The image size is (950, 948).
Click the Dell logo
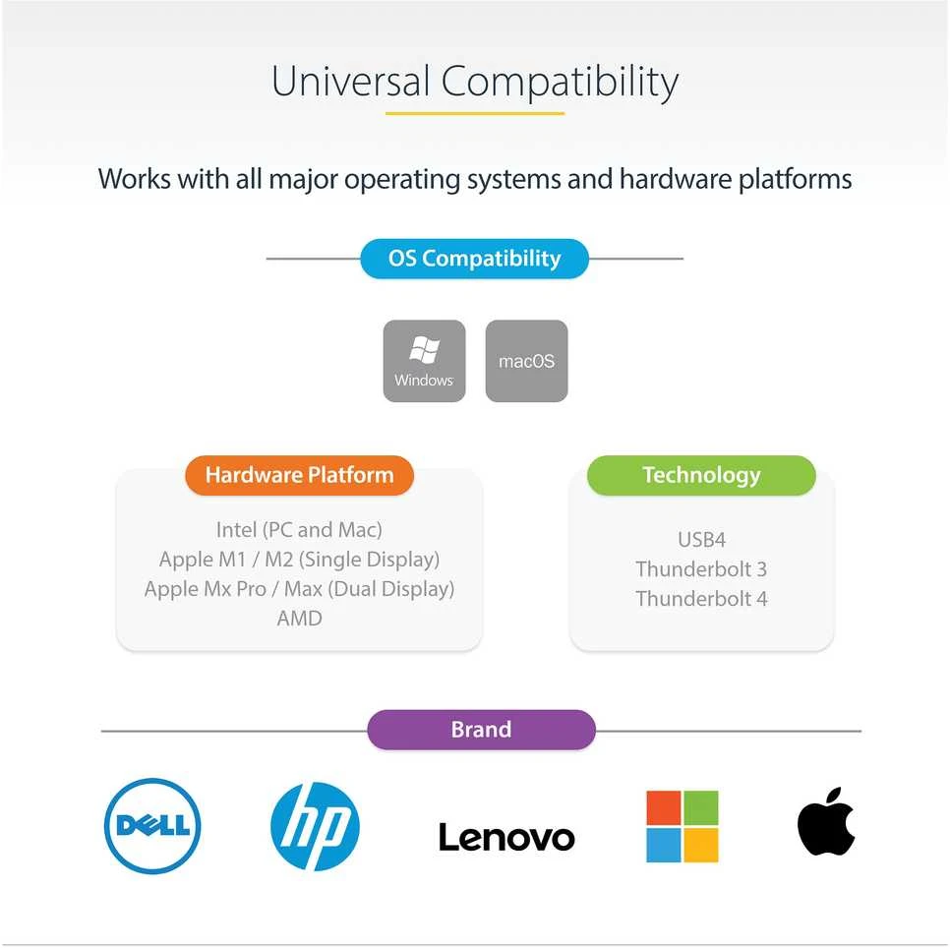click(x=152, y=826)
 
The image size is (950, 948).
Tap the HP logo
click(x=315, y=826)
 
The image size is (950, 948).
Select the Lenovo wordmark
click(x=506, y=837)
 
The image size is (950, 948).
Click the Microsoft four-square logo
click(x=683, y=826)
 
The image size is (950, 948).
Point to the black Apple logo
click(x=826, y=821)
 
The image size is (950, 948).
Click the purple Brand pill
click(x=481, y=730)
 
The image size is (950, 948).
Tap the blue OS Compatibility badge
click(x=474, y=259)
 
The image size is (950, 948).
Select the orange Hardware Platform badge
click(x=299, y=475)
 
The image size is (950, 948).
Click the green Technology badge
click(x=701, y=475)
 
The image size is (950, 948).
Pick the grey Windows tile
click(x=424, y=361)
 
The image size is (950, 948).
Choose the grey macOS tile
click(x=526, y=361)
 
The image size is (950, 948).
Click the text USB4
click(x=701, y=539)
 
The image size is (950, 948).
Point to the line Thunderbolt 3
click(x=701, y=568)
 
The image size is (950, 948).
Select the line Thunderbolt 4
click(x=701, y=599)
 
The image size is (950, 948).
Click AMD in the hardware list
click(x=299, y=618)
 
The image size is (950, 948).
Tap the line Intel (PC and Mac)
click(x=299, y=530)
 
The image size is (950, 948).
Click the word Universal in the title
click(x=350, y=81)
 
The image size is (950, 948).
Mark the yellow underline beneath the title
click(x=475, y=113)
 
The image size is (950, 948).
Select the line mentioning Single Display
click(x=299, y=560)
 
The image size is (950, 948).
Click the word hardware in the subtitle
click(x=676, y=179)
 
